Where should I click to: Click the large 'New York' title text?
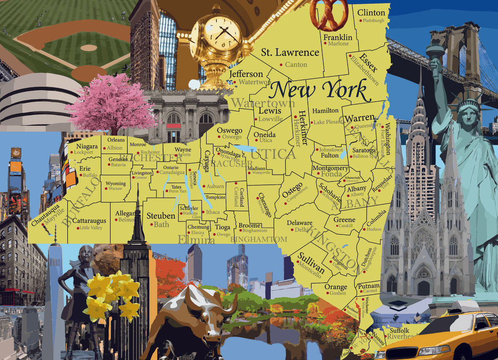pos(319,90)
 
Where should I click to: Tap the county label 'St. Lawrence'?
pos(290,53)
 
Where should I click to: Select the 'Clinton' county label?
pos(371,13)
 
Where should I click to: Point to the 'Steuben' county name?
pos(160,216)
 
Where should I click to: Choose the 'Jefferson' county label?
pos(246,74)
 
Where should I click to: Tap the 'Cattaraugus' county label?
pos(89,221)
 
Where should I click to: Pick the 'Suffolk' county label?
pos(400,329)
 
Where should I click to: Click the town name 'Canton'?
pos(296,64)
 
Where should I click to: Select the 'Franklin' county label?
pos(338,37)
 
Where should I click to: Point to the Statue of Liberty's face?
pos(468,116)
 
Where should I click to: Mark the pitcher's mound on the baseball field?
pos(89,48)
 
